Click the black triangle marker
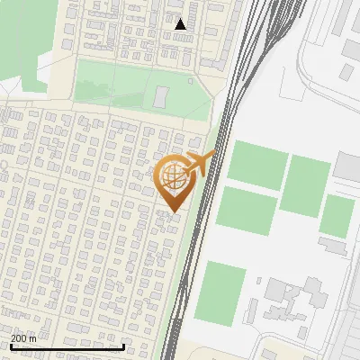(181, 24)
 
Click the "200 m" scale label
(23, 337)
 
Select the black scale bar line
(67, 346)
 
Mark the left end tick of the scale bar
(10, 345)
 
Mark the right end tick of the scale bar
(123, 345)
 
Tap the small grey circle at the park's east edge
(191, 81)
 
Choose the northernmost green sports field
(257, 164)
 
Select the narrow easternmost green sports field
(337, 216)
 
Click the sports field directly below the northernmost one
(245, 211)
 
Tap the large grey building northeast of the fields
(348, 166)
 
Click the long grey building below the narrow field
(332, 245)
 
